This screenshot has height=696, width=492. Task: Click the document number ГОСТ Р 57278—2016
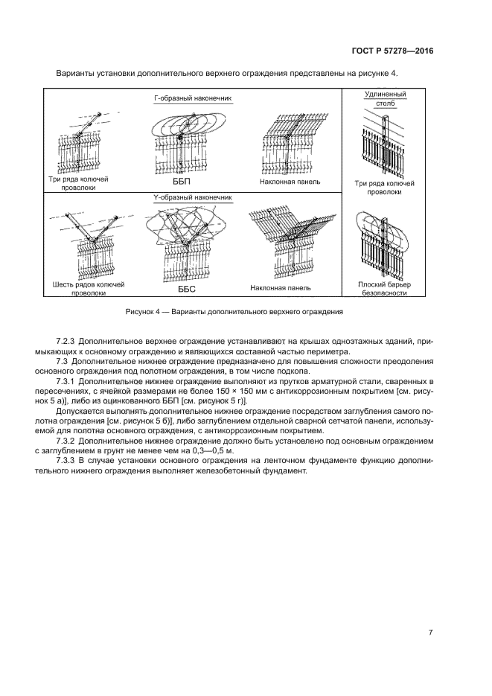pos(392,51)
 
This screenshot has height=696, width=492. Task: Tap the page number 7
pos(430,632)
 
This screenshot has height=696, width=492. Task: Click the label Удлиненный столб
pos(385,100)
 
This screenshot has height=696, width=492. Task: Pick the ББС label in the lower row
pos(185,287)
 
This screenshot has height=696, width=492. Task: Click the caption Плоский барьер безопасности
pos(384,288)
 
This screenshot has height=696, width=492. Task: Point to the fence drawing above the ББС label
pos(186,242)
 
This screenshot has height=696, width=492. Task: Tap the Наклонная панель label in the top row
pos(290,181)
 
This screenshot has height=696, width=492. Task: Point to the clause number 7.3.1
pos(69,381)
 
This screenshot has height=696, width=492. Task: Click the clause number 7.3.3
pos(69,461)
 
